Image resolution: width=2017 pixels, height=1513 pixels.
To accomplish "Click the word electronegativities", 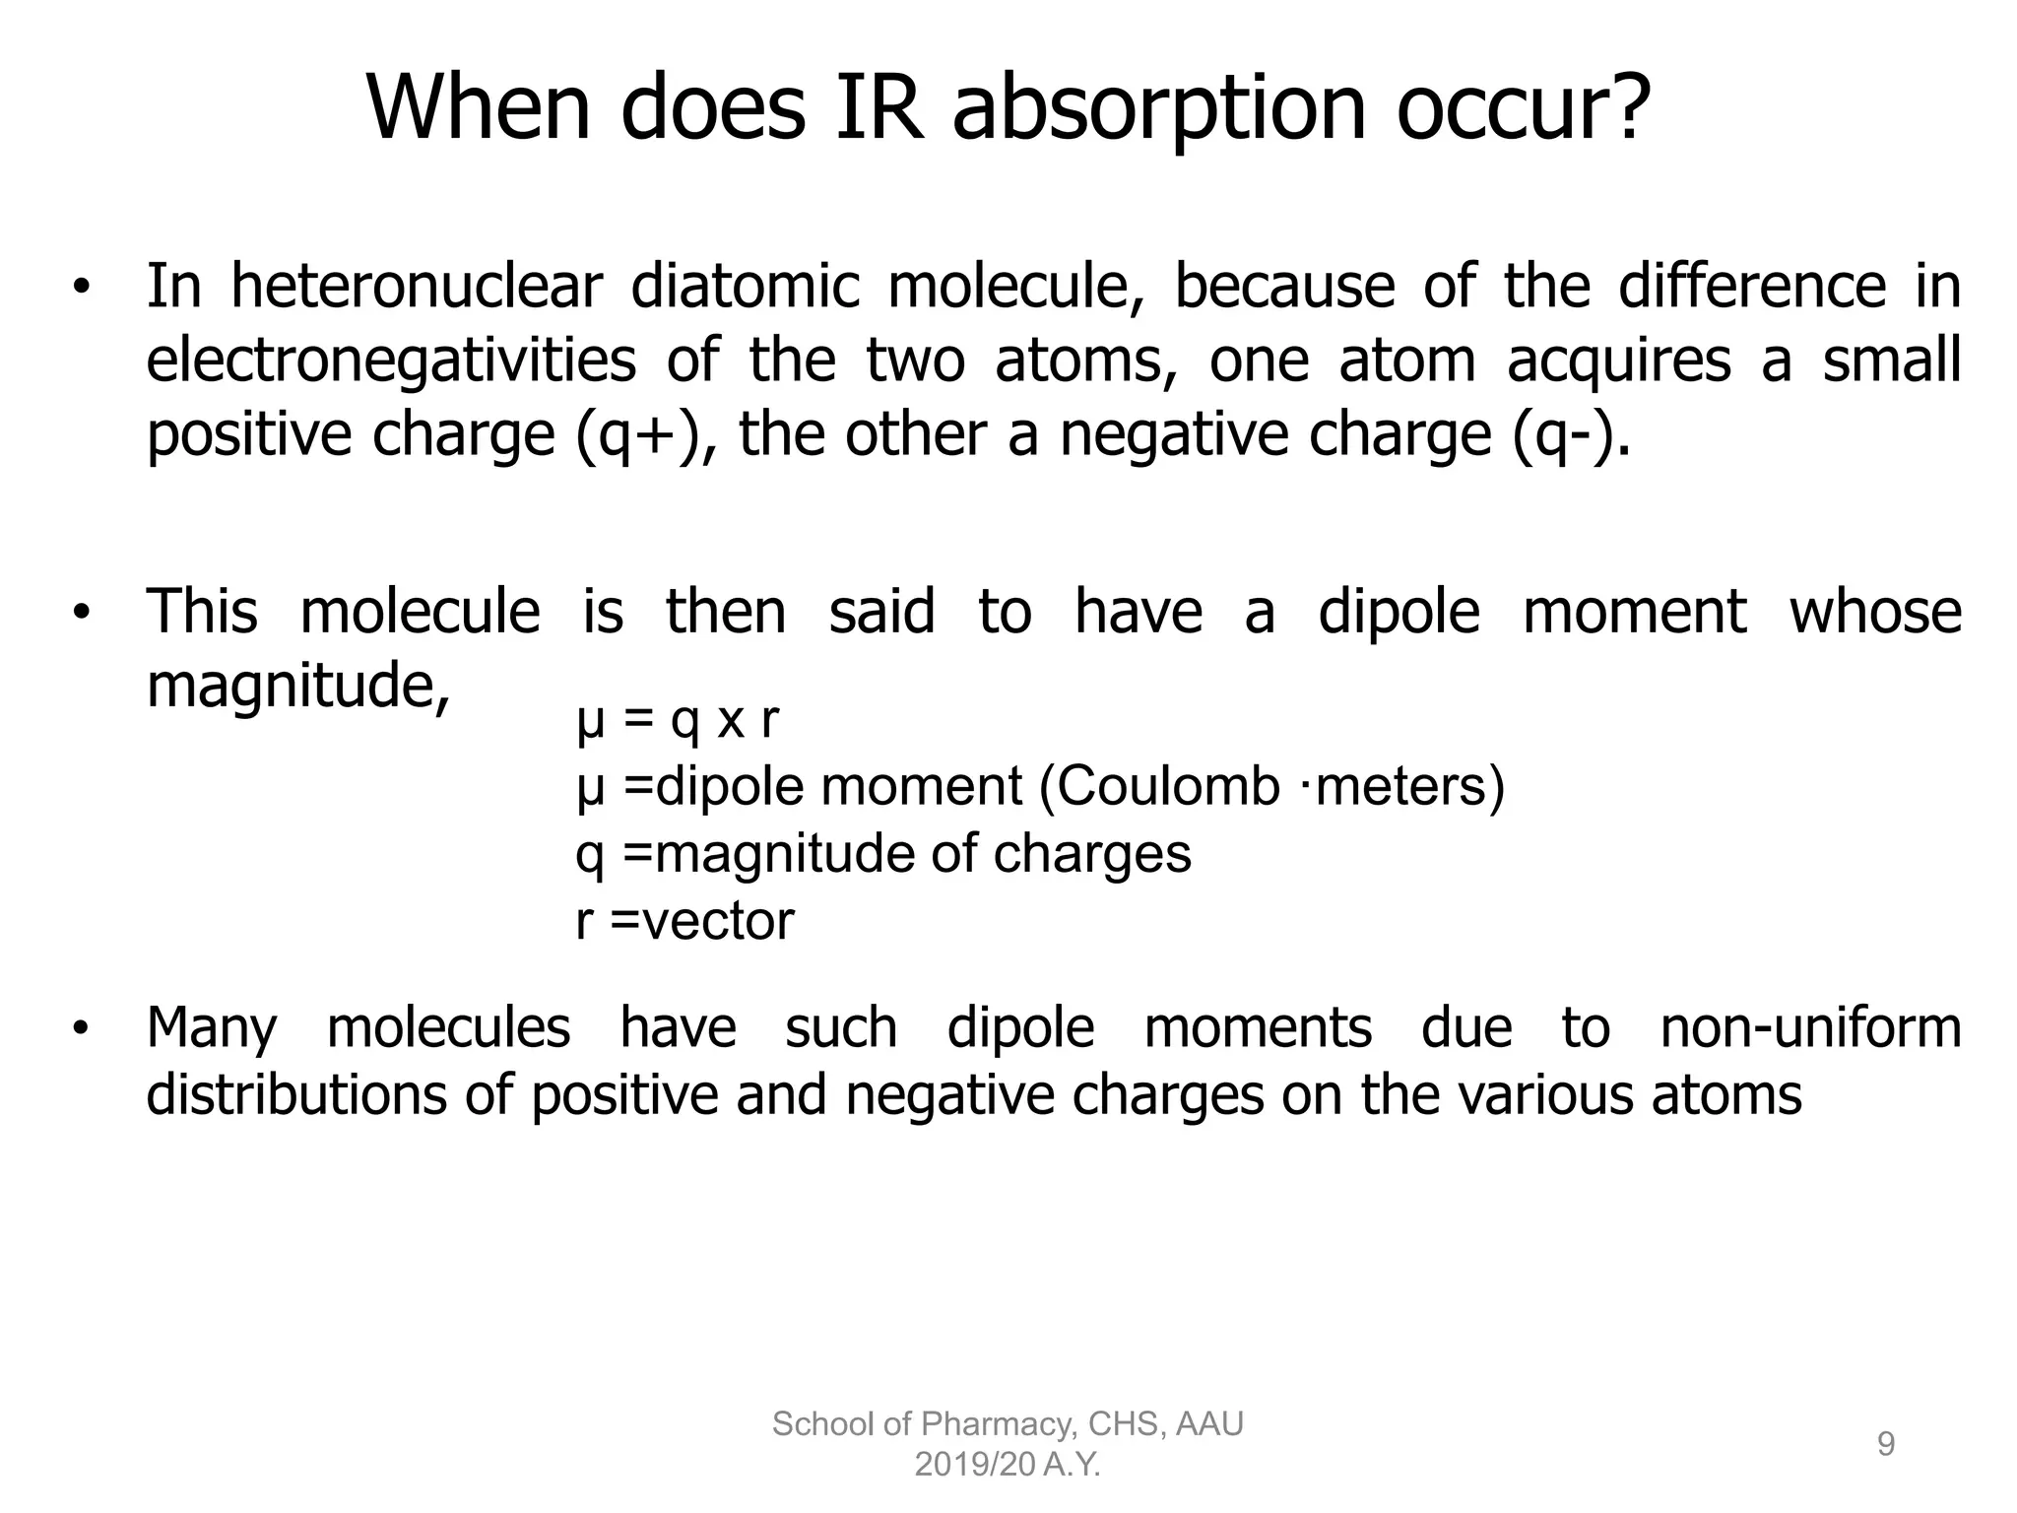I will pyautogui.click(x=391, y=361).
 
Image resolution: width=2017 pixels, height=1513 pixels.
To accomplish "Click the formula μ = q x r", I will pyautogui.click(x=678, y=720).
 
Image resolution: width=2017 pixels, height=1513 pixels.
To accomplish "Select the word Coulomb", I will pyautogui.click(x=1159, y=787).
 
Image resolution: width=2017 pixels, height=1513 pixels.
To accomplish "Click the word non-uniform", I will pyautogui.click(x=1810, y=1027).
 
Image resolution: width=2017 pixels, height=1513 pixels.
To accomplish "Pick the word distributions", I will pyautogui.click(x=296, y=1094).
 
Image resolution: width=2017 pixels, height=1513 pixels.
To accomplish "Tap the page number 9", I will pyautogui.click(x=1885, y=1444).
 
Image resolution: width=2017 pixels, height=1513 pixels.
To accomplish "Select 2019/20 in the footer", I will pyautogui.click(x=974, y=1466).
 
